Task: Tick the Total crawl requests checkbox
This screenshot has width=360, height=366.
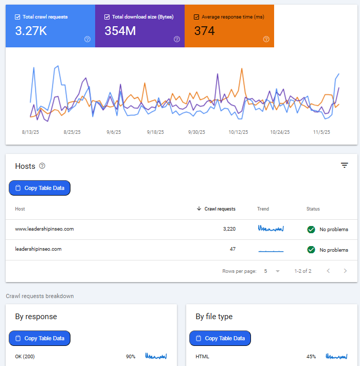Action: click(x=18, y=17)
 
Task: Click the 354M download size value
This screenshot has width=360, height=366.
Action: click(x=120, y=31)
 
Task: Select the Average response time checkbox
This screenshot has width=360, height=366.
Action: click(x=196, y=17)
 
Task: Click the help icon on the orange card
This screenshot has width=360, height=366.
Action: click(x=266, y=39)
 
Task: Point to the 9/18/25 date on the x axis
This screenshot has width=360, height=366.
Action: click(x=155, y=132)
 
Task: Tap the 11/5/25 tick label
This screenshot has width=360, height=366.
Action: click(x=321, y=132)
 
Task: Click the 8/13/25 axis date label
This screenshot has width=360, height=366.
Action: click(x=30, y=132)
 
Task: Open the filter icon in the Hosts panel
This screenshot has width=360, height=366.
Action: click(x=345, y=165)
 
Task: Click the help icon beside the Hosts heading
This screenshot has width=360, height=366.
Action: click(x=42, y=166)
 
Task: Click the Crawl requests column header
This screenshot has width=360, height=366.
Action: click(x=220, y=209)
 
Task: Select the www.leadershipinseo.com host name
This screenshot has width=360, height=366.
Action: click(x=44, y=229)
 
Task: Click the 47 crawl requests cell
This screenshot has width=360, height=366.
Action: click(x=232, y=250)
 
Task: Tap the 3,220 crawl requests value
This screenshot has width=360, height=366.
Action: click(x=227, y=229)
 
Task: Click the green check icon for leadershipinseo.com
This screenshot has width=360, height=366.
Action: click(x=311, y=250)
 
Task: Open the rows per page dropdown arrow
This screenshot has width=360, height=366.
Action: click(x=278, y=271)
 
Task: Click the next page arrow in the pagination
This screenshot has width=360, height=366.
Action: click(x=345, y=271)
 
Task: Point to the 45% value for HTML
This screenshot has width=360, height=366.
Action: click(x=311, y=356)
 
